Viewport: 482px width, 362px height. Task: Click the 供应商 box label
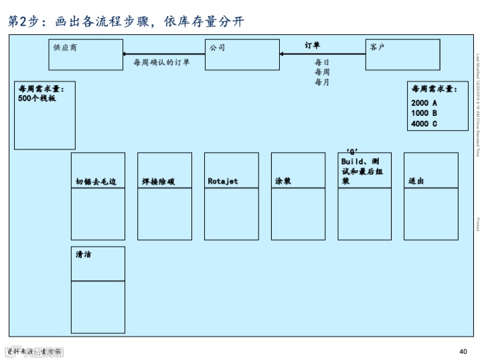pyautogui.click(x=66, y=48)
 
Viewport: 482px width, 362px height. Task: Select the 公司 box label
pyautogui.click(x=217, y=48)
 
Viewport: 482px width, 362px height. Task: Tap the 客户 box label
pyautogui.click(x=377, y=48)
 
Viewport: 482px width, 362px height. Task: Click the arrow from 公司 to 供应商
pyautogui.click(x=163, y=54)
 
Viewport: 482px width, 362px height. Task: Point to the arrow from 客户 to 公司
pyautogui.click(x=323, y=54)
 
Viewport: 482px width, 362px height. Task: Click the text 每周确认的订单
pyautogui.click(x=161, y=63)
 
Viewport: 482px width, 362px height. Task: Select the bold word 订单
pyautogui.click(x=312, y=46)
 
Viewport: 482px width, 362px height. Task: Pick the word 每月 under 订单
pyautogui.click(x=322, y=82)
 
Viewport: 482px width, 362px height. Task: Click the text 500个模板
pyautogui.click(x=37, y=99)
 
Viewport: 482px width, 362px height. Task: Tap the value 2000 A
pyautogui.click(x=424, y=103)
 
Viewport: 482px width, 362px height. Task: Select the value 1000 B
pyautogui.click(x=424, y=113)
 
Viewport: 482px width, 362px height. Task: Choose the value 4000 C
pyautogui.click(x=424, y=123)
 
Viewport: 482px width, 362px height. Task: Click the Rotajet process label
pyautogui.click(x=223, y=181)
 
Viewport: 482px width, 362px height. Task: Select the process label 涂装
pyautogui.click(x=283, y=181)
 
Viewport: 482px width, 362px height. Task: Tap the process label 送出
pyautogui.click(x=416, y=181)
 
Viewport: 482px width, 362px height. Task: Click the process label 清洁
pyautogui.click(x=84, y=254)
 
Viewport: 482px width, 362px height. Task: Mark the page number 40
pyautogui.click(x=463, y=352)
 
